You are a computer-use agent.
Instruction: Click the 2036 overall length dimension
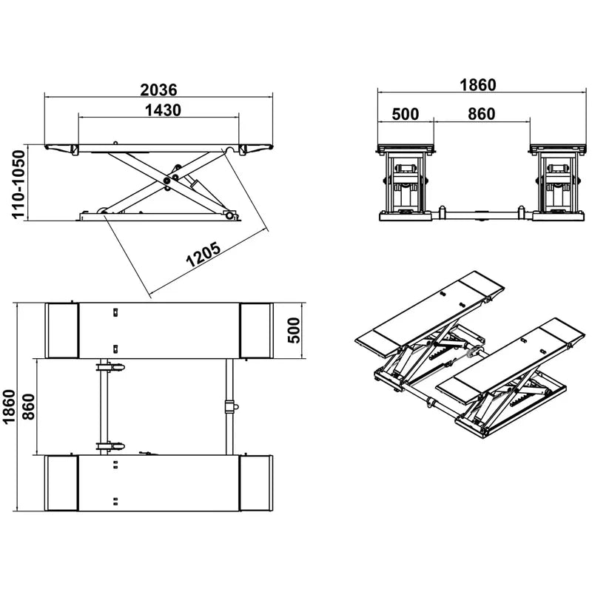coord(158,90)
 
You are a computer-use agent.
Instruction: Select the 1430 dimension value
coord(158,110)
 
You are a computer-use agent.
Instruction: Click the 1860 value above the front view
coord(477,85)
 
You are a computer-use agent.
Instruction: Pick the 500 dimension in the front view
coord(405,114)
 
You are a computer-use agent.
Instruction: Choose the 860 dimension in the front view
coord(482,114)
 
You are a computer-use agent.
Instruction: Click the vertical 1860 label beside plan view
coord(9,407)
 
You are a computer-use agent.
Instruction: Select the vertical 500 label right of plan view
coord(293,330)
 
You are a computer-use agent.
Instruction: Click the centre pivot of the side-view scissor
coord(169,179)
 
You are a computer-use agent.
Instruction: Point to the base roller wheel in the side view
coord(229,215)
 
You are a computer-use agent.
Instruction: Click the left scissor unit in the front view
coord(406,185)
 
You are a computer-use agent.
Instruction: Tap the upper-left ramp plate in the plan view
coord(63,330)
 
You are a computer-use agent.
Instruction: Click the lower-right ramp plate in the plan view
coord(256,483)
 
